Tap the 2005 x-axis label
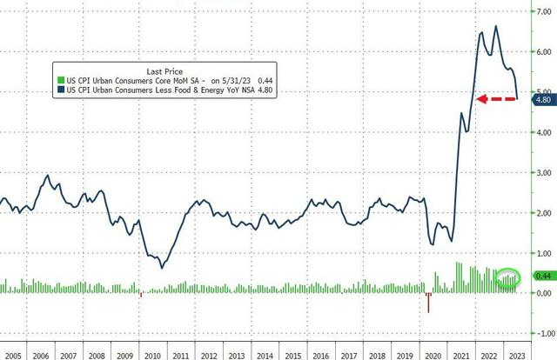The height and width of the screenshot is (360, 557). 11,355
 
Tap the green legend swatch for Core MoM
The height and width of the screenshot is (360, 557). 59,79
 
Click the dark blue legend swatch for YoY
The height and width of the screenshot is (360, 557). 59,89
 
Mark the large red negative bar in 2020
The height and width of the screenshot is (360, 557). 428,303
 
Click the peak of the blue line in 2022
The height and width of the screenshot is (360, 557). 496,26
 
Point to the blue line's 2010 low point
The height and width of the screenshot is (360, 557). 161,268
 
